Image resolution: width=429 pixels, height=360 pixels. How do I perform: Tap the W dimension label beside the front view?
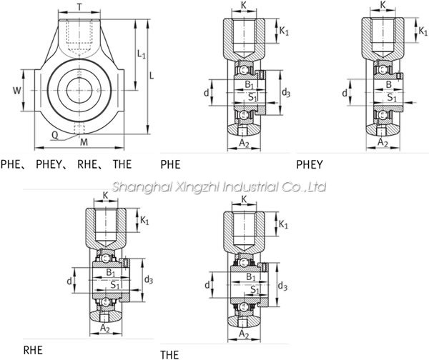pyautogui.click(x=17, y=90)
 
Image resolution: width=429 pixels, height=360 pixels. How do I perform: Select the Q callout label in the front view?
pyautogui.click(x=55, y=135)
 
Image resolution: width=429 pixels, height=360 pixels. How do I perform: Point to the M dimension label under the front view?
pyautogui.click(x=84, y=142)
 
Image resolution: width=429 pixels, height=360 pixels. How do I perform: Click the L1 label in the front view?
pyautogui.click(x=142, y=54)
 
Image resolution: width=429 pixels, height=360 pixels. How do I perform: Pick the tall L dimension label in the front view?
pyautogui.click(x=152, y=76)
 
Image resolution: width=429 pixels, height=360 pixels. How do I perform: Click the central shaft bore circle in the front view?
pyautogui.click(x=79, y=90)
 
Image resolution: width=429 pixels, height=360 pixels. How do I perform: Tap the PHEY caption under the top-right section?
pyautogui.click(x=310, y=164)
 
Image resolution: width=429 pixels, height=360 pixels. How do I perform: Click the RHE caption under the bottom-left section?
pyautogui.click(x=33, y=350)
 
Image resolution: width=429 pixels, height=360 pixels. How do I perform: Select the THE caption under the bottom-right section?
pyautogui.click(x=169, y=355)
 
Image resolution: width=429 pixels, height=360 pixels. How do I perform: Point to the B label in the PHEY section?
pyautogui.click(x=388, y=85)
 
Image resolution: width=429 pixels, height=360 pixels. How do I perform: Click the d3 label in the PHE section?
pyautogui.click(x=285, y=93)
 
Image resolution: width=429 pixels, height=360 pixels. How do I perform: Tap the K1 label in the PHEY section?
pyautogui.click(x=423, y=31)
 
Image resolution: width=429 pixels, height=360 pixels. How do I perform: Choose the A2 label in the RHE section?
pyautogui.click(x=105, y=328)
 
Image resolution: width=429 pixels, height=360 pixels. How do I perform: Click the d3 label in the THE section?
pyautogui.click(x=282, y=286)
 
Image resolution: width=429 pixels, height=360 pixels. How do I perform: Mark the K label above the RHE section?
pyautogui.click(x=105, y=196)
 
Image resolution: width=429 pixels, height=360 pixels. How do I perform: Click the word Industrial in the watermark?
pyautogui.click(x=248, y=187)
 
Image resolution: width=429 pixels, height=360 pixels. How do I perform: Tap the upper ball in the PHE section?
pyautogui.click(x=243, y=70)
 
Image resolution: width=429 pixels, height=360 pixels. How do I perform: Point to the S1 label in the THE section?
pyautogui.click(x=255, y=289)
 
